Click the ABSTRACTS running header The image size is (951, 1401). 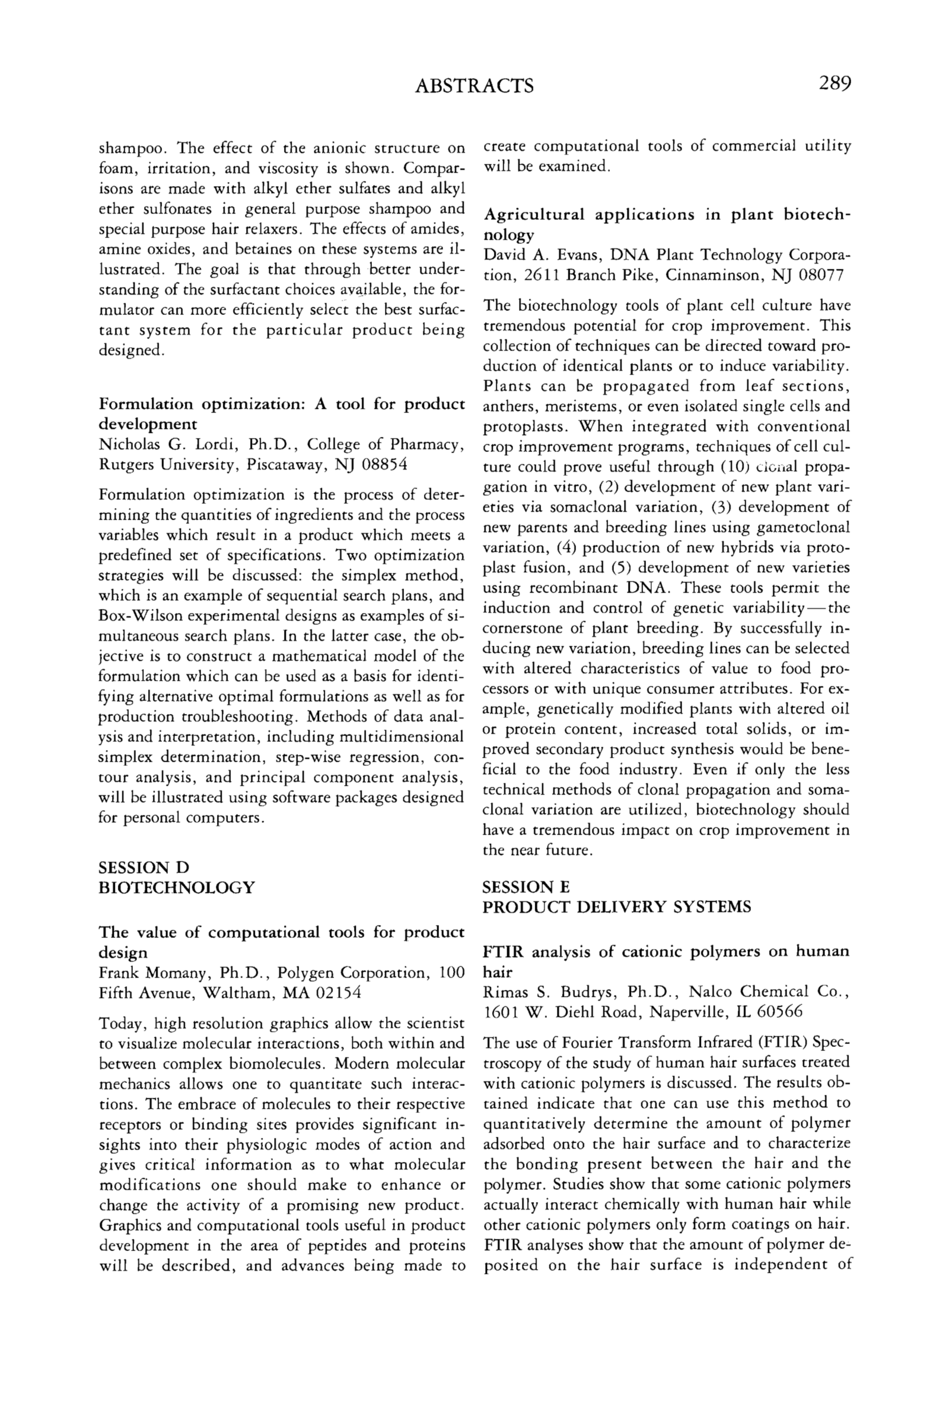474,86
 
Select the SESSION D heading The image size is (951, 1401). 143,867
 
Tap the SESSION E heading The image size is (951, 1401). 526,887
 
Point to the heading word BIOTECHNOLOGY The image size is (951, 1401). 177,887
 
